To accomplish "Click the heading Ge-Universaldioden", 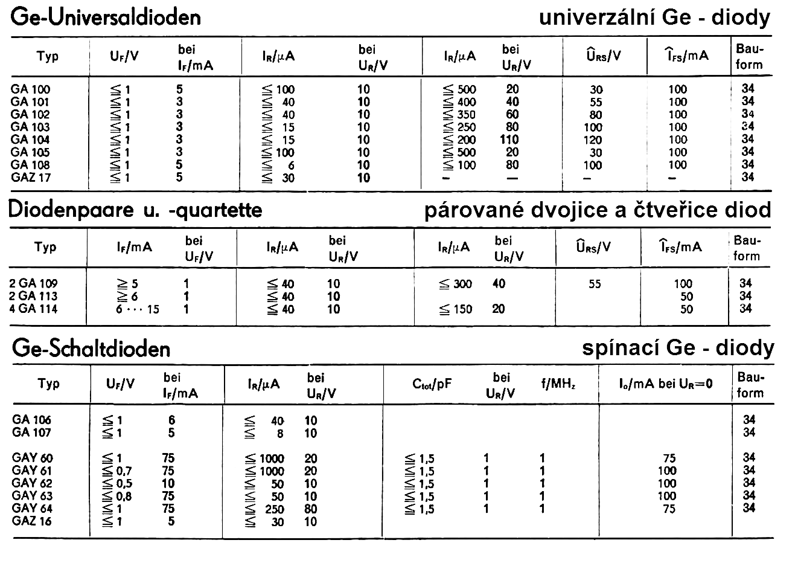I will pyautogui.click(x=106, y=18).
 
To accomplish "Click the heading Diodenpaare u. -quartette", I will pyautogui.click(x=136, y=210).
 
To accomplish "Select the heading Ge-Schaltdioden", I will pyautogui.click(x=91, y=349).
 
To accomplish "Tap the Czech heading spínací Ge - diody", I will pyautogui.click(x=678, y=348).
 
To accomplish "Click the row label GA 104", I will pyautogui.click(x=30, y=140).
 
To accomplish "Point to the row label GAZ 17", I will pyautogui.click(x=31, y=178).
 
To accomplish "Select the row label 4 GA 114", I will pyautogui.click(x=34, y=309).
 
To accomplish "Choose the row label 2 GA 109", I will pyautogui.click(x=34, y=283).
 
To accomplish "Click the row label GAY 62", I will pyautogui.click(x=31, y=483).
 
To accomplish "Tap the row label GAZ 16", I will pyautogui.click(x=31, y=521).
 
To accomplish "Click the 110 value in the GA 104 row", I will pyautogui.click(x=512, y=140).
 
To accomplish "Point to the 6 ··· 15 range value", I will pyautogui.click(x=139, y=309).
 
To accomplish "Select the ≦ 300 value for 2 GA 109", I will pyautogui.click(x=456, y=284).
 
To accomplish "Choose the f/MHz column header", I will pyautogui.click(x=557, y=384).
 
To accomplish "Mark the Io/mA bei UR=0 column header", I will pyautogui.click(x=666, y=384).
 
